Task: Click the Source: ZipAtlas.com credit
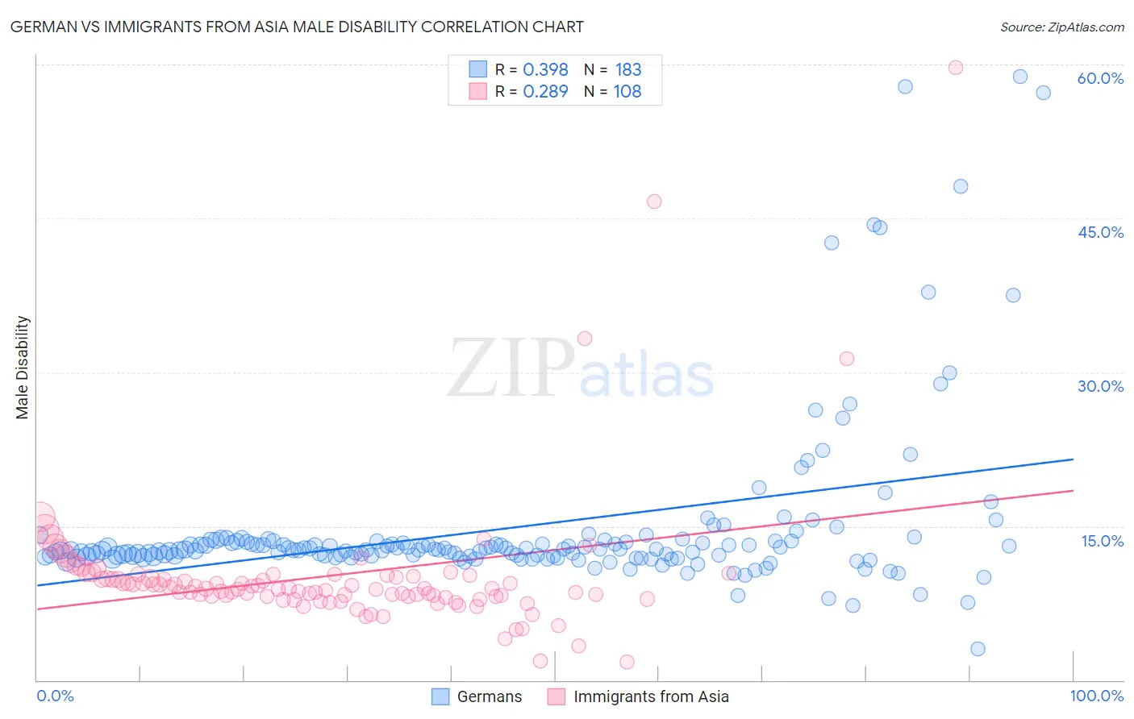click(1061, 27)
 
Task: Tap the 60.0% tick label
click(1100, 78)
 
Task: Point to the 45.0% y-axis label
click(1100, 232)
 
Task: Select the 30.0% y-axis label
click(1100, 386)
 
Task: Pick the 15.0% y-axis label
click(1102, 540)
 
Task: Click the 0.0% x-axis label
click(55, 696)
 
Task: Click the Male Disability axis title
click(23, 367)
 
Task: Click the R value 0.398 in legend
click(545, 69)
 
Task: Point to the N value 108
click(627, 92)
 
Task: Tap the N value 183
click(628, 69)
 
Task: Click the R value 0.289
click(545, 92)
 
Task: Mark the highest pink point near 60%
click(956, 68)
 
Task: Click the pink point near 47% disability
click(654, 202)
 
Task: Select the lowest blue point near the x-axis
click(978, 649)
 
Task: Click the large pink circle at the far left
click(40, 517)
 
